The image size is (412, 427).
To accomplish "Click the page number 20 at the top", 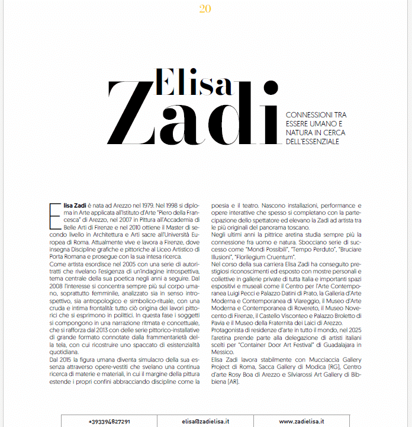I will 205,8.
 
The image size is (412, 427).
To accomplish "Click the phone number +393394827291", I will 110,421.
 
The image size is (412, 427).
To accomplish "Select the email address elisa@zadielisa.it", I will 205,421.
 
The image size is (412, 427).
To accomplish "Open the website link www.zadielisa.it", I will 301,421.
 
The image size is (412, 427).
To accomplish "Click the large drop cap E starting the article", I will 56,212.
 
